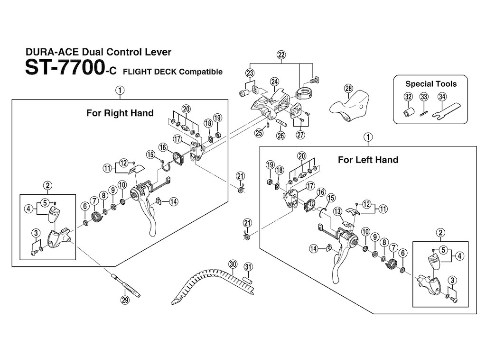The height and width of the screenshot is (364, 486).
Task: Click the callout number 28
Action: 348,89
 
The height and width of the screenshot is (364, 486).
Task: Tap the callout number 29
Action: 125,300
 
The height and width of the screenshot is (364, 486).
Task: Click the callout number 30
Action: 232,264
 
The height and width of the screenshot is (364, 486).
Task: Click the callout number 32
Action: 408,97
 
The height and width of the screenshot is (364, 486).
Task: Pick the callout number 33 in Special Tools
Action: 424,97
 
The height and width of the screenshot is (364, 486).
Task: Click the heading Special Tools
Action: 430,84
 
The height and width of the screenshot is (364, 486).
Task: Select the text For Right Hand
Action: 120,113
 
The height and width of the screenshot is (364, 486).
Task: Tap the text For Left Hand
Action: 368,160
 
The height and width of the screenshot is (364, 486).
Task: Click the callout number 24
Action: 274,82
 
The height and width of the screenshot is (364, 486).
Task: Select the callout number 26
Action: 280,136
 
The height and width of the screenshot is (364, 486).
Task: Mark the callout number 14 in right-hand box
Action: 174,202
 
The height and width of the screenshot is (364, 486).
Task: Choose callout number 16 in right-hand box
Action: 163,148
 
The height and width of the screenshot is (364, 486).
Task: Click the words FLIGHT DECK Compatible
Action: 172,72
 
